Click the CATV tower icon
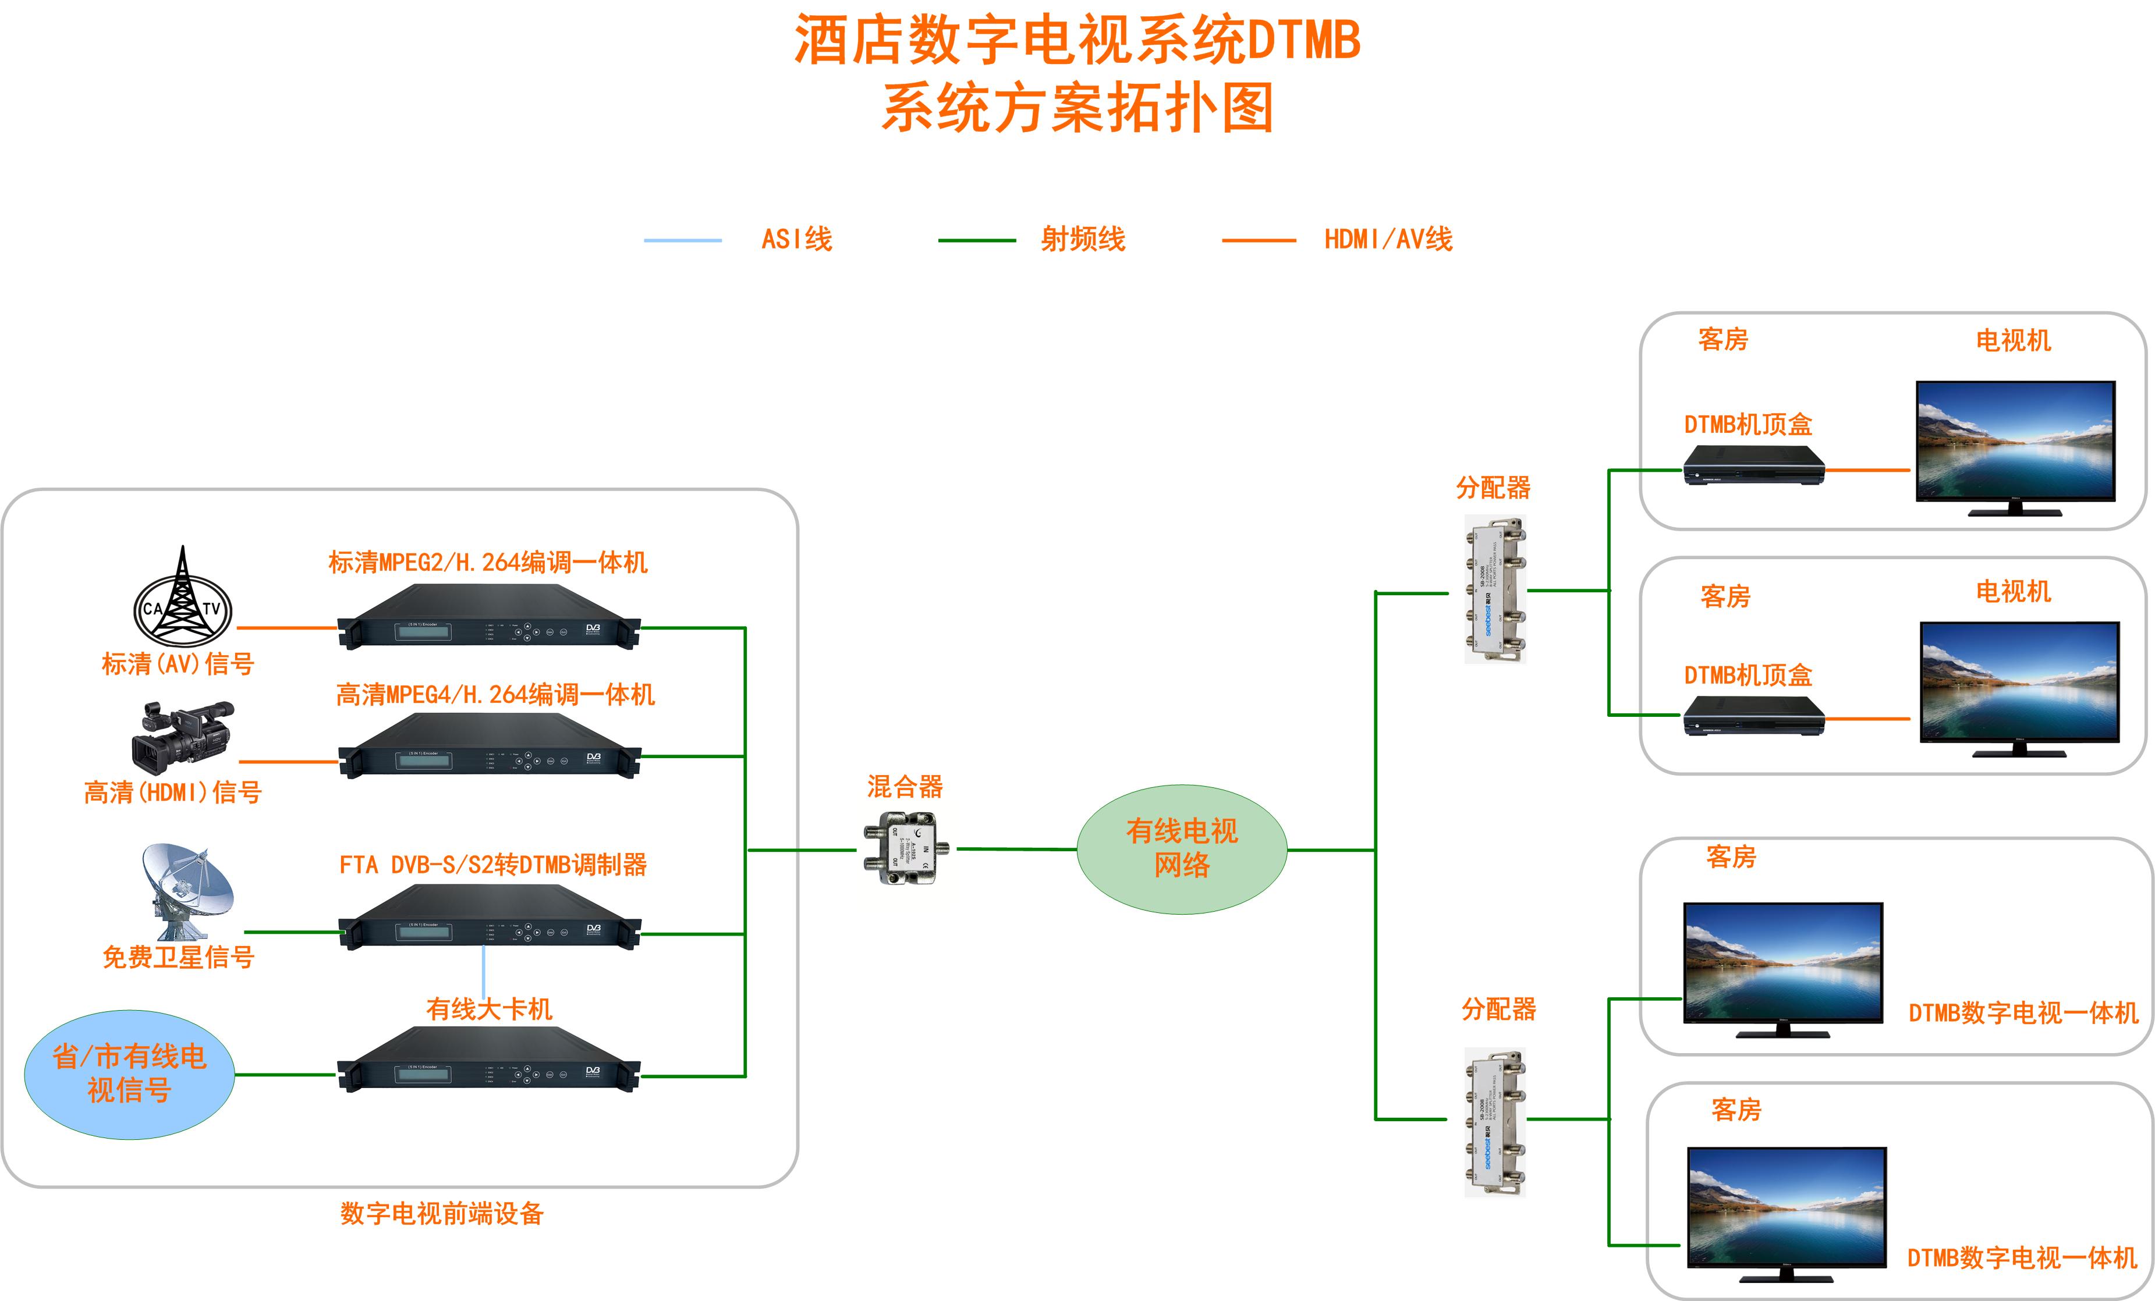[182, 596]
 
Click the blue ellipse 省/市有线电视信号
[129, 1073]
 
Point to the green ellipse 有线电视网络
[1182, 849]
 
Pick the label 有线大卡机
[489, 1009]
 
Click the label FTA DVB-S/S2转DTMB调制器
[493, 865]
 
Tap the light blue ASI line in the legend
[682, 240]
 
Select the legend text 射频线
[1083, 239]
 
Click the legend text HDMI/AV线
[1388, 239]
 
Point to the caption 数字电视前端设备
[442, 1214]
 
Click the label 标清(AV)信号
[178, 664]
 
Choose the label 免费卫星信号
[178, 957]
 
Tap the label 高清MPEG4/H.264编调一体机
[495, 694]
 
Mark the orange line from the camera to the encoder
[289, 762]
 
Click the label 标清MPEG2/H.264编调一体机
[488, 562]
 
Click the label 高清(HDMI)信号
[172, 792]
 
